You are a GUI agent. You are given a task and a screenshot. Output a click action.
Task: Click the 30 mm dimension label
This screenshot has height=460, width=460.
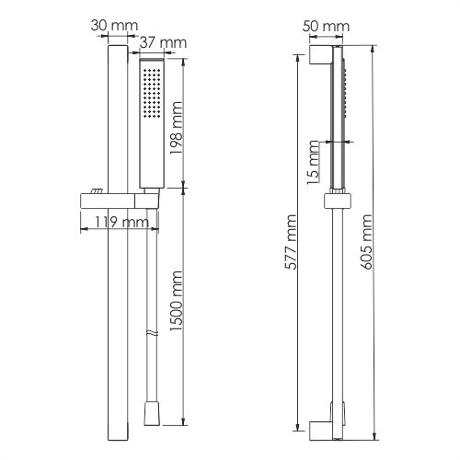[x=114, y=26]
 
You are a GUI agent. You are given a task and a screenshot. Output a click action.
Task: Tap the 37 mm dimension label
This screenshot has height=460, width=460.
[x=163, y=42]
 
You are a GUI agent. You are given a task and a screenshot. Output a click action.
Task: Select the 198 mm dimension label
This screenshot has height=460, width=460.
[x=177, y=128]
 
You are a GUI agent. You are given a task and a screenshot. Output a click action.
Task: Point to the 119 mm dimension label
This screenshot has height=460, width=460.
[x=121, y=222]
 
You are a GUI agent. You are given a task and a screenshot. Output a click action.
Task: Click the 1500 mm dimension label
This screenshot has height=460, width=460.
[x=177, y=301]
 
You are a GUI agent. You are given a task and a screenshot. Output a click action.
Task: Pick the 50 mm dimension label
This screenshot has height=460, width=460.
[x=326, y=26]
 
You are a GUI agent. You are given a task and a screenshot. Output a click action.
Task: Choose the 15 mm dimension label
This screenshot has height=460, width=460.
[x=313, y=162]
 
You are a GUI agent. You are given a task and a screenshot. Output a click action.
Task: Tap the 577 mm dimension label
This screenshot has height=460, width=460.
[x=290, y=242]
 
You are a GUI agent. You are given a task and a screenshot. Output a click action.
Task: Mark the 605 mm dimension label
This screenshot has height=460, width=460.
[x=366, y=242]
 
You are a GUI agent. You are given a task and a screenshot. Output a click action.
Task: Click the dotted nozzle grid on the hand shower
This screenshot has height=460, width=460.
[x=152, y=93]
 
